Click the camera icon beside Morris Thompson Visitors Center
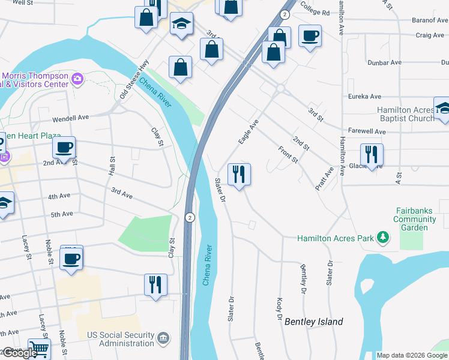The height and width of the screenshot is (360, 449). click(77, 79)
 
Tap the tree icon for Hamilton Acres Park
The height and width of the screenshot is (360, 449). click(382, 239)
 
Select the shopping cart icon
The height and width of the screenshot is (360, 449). click(39, 349)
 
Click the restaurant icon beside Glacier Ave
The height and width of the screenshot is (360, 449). click(372, 155)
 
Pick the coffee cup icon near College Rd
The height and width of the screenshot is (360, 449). click(310, 37)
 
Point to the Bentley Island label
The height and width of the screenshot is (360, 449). click(314, 322)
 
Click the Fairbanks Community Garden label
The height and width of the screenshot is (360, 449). click(415, 219)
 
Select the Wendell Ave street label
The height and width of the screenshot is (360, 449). click(70, 118)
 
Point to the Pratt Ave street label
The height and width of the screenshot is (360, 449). click(324, 179)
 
